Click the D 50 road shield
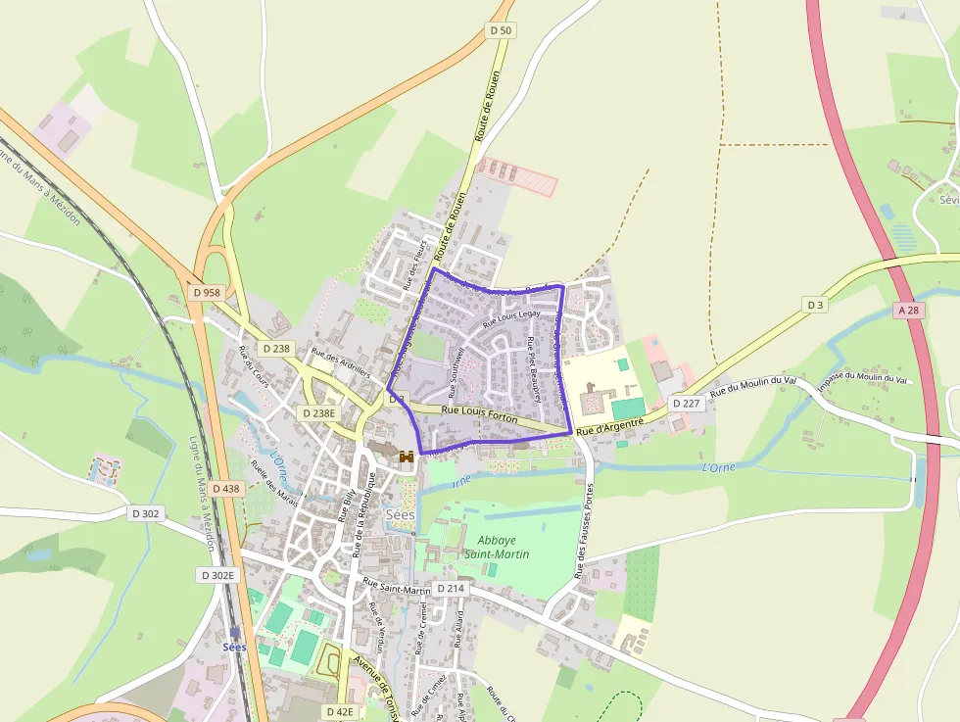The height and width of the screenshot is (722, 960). pos(500,30)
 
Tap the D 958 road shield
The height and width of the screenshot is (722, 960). pos(207,292)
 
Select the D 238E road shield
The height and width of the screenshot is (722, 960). pos(318,413)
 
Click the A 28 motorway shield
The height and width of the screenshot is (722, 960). pos(907,310)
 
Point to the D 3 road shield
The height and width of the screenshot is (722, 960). pos(815,305)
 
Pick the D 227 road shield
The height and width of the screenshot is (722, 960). pos(687,404)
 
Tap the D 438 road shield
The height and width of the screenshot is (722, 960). pos(224,488)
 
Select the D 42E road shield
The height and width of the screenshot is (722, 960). pos(340,711)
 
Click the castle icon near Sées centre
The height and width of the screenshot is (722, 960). pos(406,457)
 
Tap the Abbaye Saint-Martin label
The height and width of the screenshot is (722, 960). pos(504,547)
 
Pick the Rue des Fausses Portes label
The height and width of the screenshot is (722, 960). pos(586,530)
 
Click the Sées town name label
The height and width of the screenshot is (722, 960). pos(400,514)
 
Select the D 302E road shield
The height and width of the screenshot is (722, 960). pos(217,575)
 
